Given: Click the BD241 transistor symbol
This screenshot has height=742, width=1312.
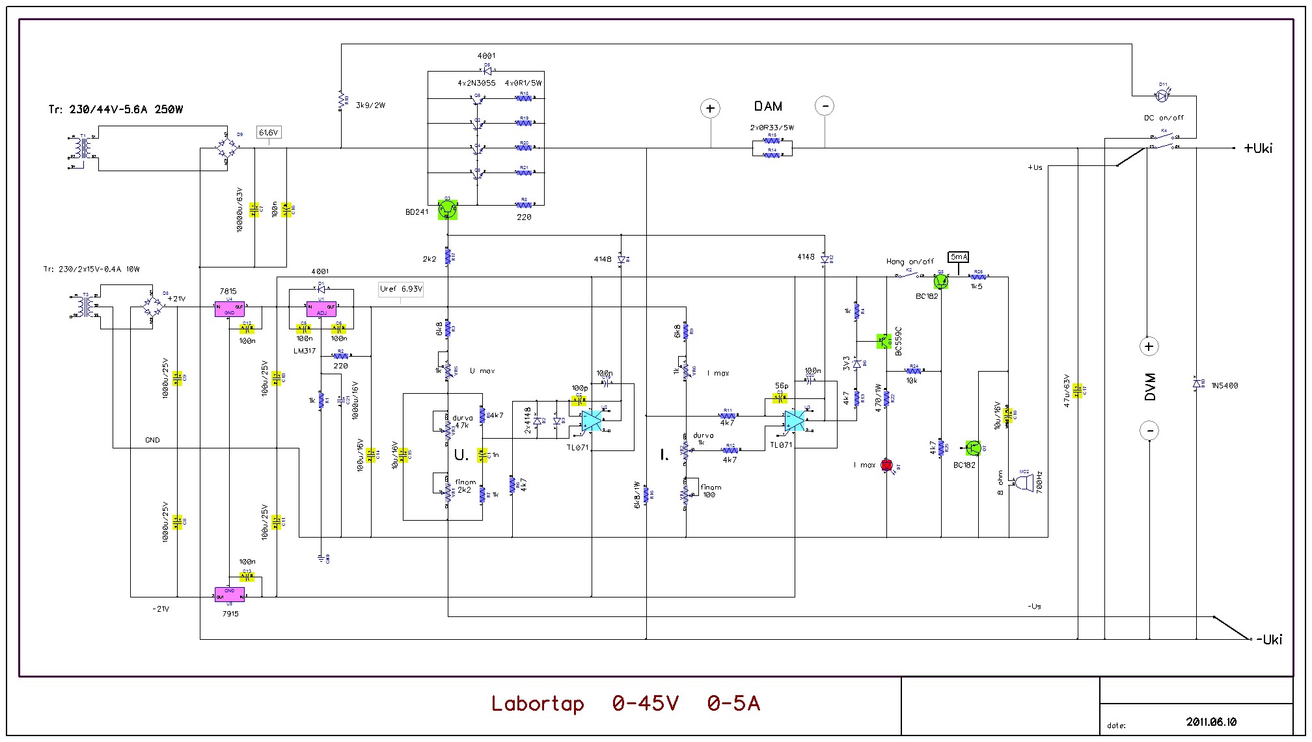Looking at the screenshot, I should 448,210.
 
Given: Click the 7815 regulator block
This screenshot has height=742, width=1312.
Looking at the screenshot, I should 230,309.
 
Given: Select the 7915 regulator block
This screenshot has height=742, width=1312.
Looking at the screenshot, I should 230,594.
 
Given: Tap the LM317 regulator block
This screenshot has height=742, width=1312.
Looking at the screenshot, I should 321,309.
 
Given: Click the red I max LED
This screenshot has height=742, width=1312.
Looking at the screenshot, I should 886,465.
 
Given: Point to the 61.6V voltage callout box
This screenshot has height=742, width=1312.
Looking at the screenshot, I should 268,133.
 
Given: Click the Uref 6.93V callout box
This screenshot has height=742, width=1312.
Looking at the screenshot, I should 401,289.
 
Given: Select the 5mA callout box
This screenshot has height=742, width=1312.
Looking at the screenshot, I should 959,257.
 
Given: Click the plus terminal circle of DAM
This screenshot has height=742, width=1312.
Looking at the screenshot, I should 711,108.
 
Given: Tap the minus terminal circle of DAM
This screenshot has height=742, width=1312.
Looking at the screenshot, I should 825,106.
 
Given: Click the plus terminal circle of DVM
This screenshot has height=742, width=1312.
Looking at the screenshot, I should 1149,346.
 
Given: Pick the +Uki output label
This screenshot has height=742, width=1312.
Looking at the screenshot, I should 1258,148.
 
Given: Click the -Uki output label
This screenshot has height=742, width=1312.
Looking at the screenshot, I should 1268,639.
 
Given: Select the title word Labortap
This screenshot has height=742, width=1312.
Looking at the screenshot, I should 538,704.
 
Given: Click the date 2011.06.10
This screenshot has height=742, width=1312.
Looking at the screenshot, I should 1211,722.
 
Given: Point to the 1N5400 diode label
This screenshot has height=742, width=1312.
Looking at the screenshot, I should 1225,386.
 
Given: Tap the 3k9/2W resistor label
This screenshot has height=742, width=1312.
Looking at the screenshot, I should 370,105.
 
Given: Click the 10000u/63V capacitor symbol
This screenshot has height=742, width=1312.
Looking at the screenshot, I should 254,210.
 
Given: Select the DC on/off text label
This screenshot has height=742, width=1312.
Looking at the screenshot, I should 1164,118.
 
